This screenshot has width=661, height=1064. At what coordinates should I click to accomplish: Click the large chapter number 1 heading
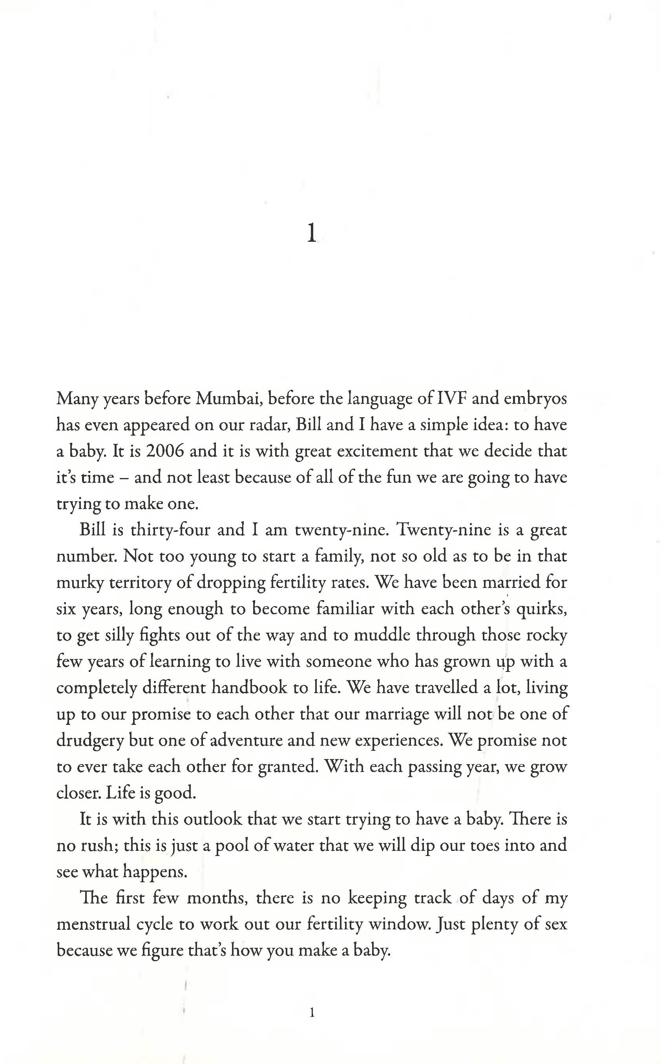pos(311,233)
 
